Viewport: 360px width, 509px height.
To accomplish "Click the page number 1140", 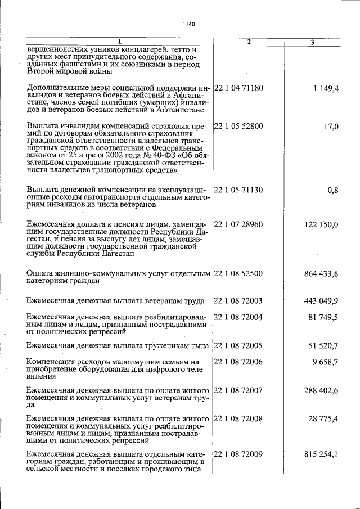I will [x=188, y=24].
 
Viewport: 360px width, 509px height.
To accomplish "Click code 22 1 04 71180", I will [x=239, y=88].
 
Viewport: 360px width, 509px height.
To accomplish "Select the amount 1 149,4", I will [x=323, y=88].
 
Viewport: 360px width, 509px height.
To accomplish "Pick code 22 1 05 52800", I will [x=239, y=127].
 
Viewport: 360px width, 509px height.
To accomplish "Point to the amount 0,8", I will [x=332, y=190].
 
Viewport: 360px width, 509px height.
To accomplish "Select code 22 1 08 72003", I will [x=239, y=301].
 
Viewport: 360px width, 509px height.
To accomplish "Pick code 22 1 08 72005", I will [x=239, y=345].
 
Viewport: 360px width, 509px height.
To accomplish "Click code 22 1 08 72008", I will [x=239, y=419].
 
